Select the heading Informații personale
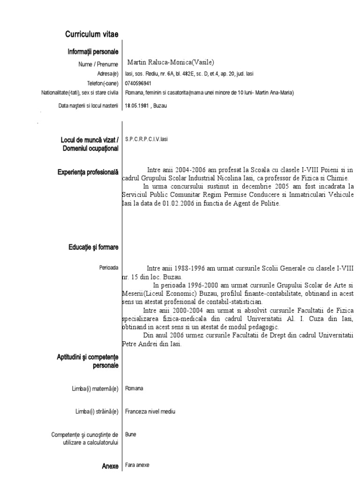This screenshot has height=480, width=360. (93, 52)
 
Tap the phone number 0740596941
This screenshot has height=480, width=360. (138, 83)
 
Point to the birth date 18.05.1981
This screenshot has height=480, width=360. (136, 106)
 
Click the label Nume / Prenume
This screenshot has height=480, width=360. (98, 64)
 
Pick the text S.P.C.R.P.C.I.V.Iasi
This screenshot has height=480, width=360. (146, 139)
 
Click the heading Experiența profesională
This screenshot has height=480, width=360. (88, 172)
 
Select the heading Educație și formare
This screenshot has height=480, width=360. (92, 247)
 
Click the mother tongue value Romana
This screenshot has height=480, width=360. (135, 389)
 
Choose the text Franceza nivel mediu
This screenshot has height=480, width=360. (150, 412)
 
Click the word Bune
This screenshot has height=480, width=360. (131, 435)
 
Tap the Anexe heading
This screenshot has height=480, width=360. (110, 466)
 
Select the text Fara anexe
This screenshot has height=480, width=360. (137, 466)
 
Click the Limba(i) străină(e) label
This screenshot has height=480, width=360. (97, 412)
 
